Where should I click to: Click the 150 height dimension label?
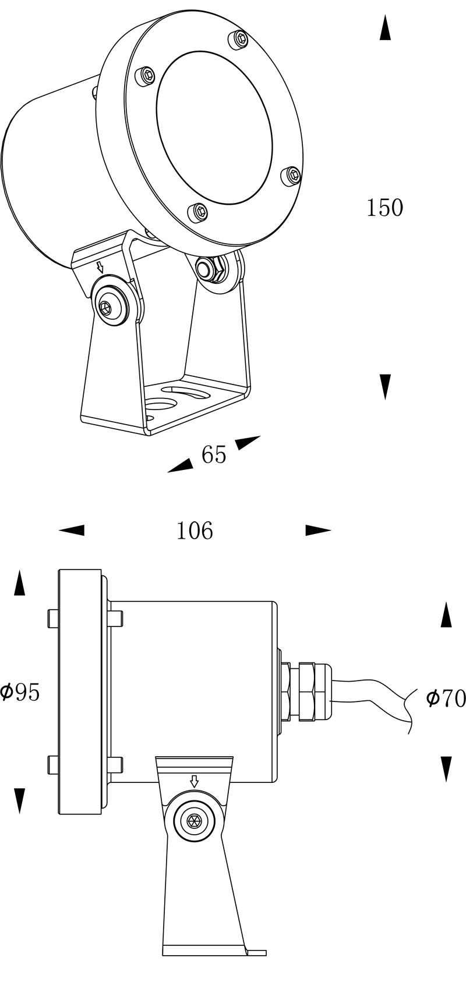[384, 208]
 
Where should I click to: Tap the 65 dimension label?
[214, 454]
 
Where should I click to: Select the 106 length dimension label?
[195, 531]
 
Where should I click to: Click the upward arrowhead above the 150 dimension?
[385, 27]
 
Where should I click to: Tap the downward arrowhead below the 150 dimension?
[386, 387]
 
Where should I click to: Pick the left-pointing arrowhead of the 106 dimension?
[71, 530]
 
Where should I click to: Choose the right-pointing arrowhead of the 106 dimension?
[318, 530]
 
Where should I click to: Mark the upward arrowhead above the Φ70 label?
[446, 614]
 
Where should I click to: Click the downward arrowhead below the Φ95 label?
[19, 801]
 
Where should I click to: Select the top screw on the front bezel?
[239, 40]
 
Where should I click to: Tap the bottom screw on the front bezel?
[198, 212]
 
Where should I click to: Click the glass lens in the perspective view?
[214, 129]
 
